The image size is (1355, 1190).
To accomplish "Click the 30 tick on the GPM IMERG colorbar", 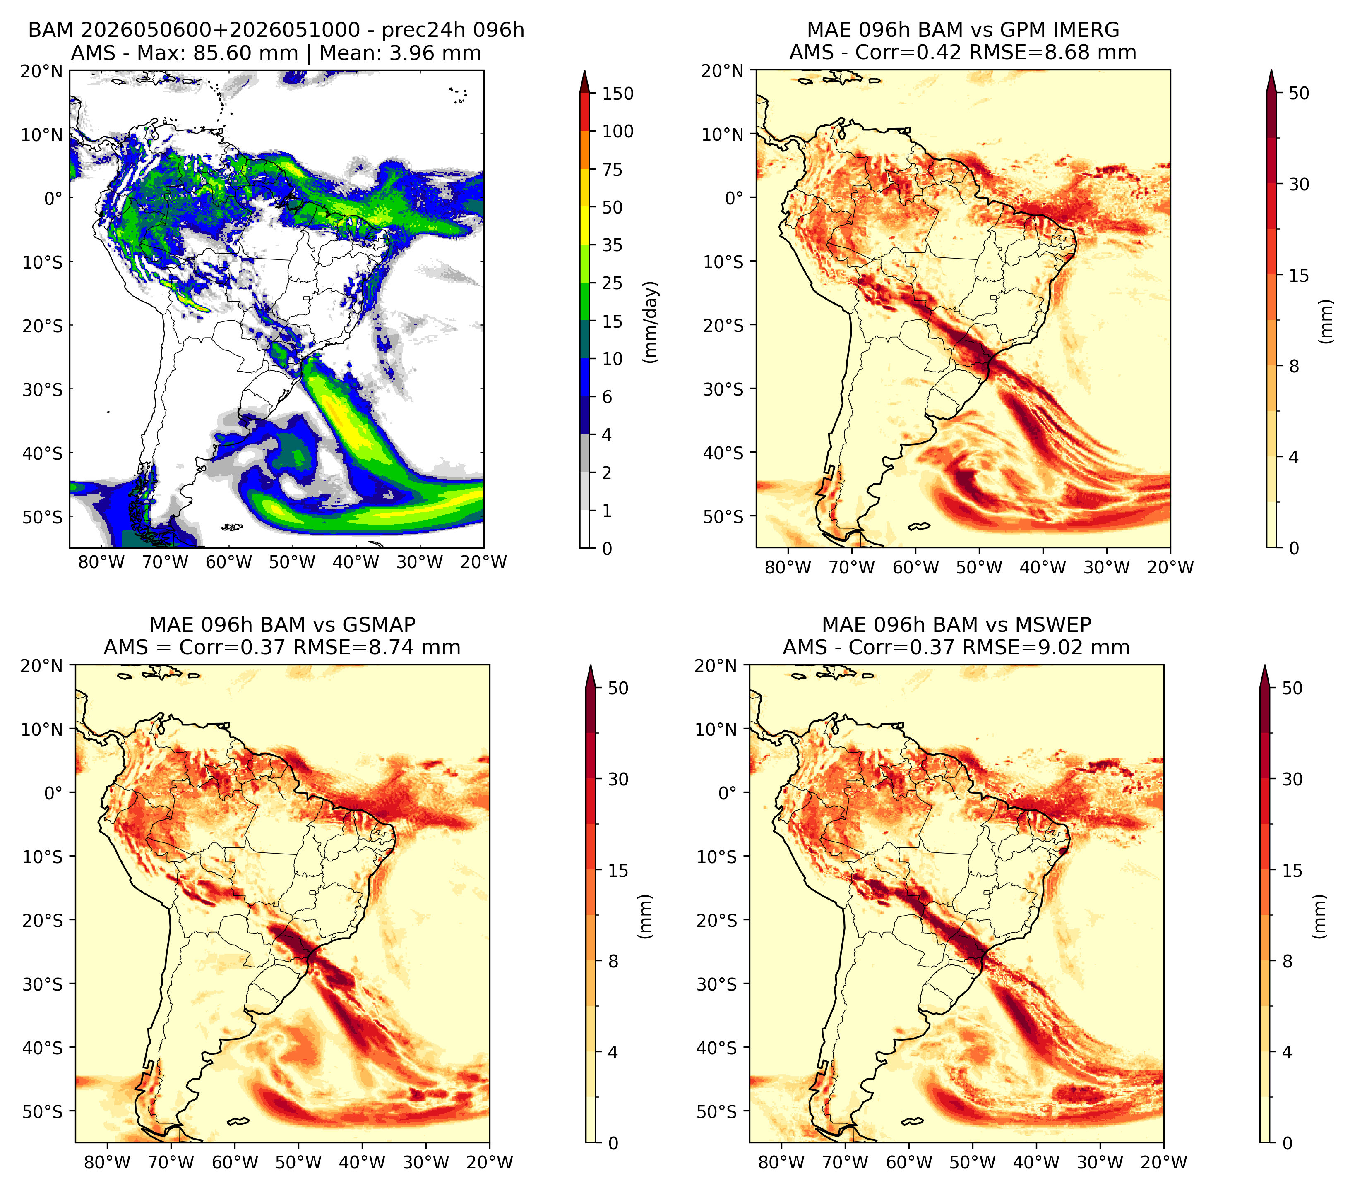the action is (1299, 184).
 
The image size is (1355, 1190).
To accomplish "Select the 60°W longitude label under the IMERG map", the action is (915, 567).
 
